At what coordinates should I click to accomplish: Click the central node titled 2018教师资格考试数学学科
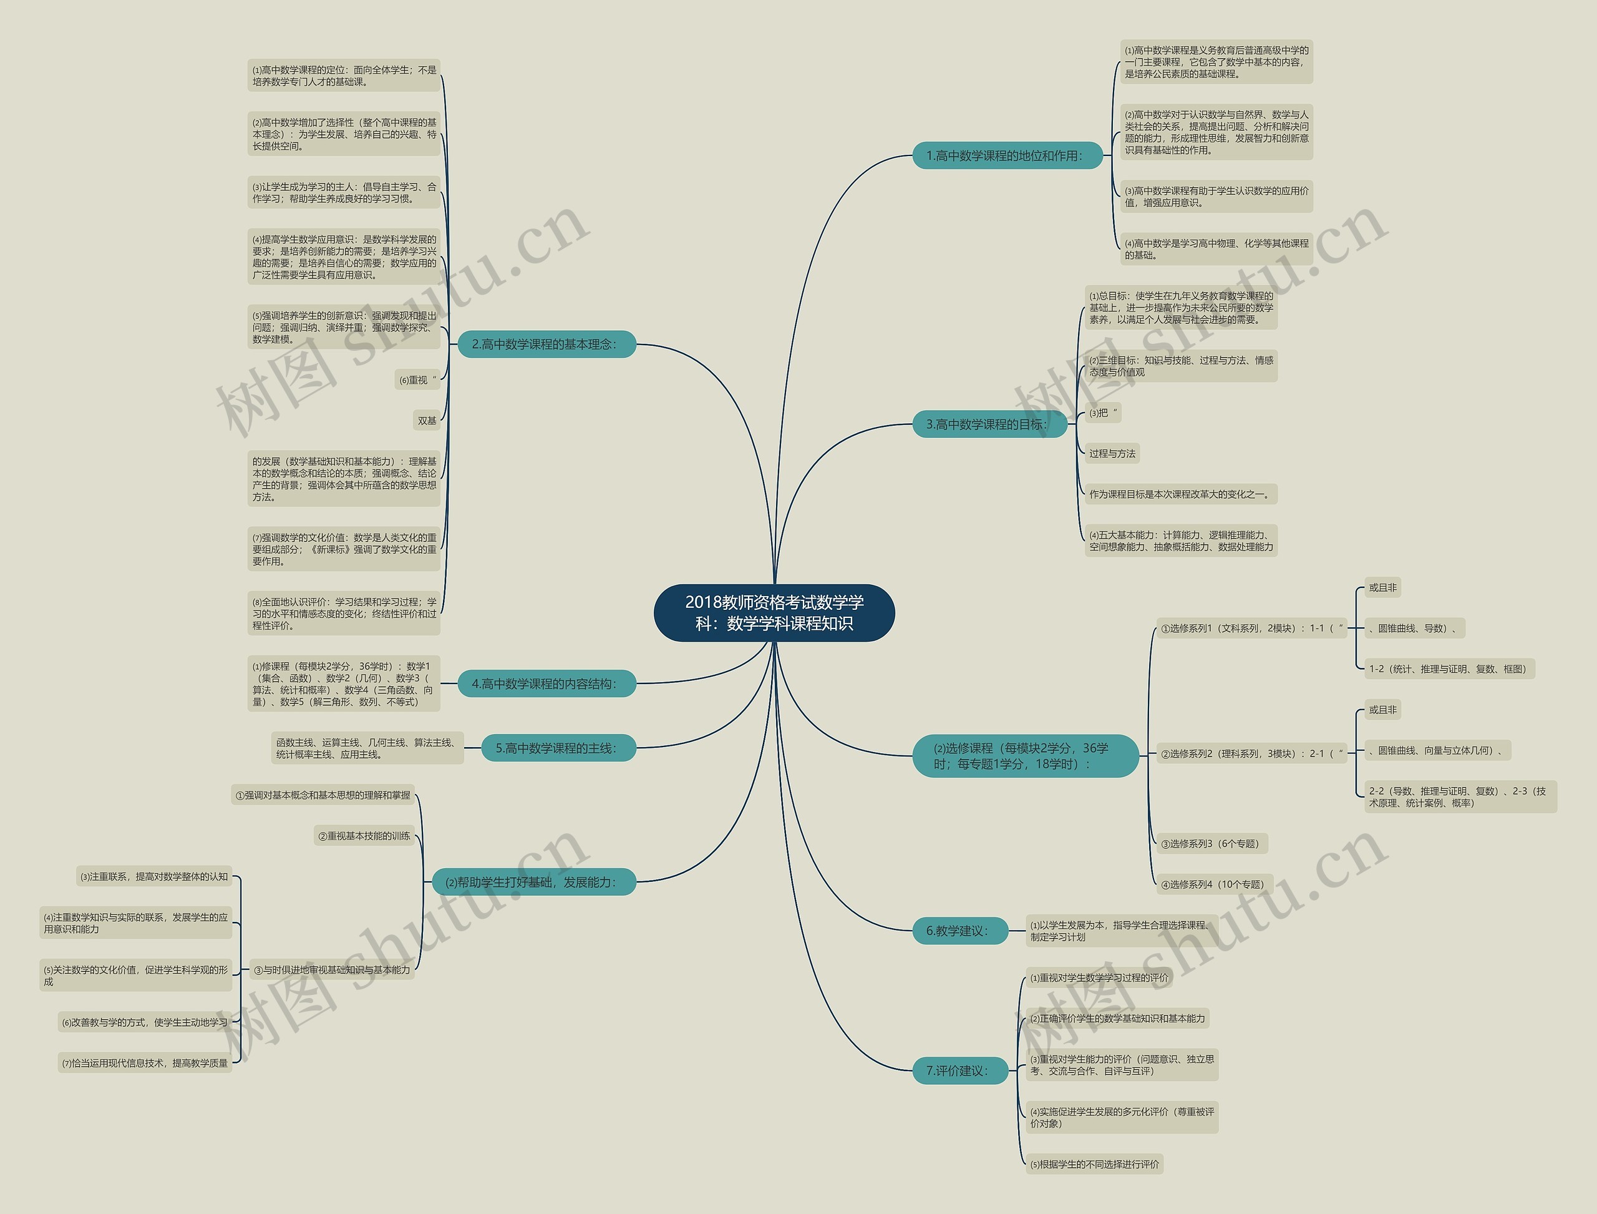click(x=774, y=612)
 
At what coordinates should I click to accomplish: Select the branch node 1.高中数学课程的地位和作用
click(x=1007, y=155)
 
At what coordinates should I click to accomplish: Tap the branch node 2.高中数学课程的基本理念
click(x=546, y=344)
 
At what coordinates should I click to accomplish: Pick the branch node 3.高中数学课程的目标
click(x=989, y=424)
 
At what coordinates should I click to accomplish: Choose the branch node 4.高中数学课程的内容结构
click(x=546, y=683)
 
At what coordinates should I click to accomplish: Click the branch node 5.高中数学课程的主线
click(x=558, y=748)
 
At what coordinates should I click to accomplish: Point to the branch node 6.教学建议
click(x=959, y=931)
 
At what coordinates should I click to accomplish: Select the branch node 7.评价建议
click(x=959, y=1070)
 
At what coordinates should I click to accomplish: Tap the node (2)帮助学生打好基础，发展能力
click(x=533, y=881)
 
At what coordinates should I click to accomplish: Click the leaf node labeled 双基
click(x=427, y=421)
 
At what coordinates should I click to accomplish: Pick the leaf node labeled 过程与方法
click(x=1112, y=454)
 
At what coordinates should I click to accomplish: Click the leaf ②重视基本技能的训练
click(x=364, y=835)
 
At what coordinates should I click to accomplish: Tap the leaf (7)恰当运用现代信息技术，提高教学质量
click(x=145, y=1063)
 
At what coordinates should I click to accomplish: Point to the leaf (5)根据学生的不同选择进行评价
click(x=1094, y=1164)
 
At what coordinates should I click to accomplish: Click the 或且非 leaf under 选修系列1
click(x=1382, y=587)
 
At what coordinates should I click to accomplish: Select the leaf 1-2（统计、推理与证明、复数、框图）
click(x=1448, y=668)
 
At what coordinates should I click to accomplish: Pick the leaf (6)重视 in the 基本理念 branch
click(x=417, y=380)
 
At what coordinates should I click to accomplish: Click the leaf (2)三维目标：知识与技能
click(x=1180, y=366)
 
